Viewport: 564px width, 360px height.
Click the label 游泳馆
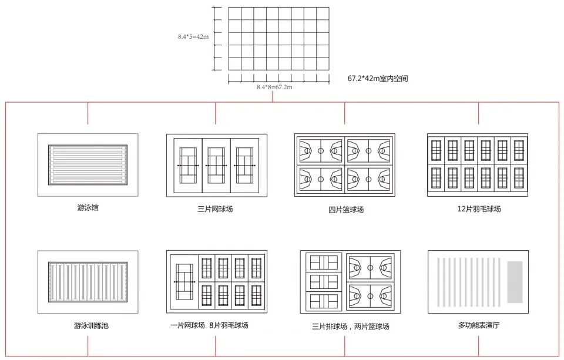[x=88, y=207]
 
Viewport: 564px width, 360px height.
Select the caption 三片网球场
[x=216, y=208]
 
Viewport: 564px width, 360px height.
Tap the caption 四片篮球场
[x=345, y=209]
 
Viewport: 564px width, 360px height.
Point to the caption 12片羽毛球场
[x=479, y=208]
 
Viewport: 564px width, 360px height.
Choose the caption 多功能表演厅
[x=478, y=325]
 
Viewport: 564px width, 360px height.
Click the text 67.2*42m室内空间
[x=377, y=78]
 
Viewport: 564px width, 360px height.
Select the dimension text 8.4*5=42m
[x=193, y=36]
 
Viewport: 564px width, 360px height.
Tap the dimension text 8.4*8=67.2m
[x=274, y=87]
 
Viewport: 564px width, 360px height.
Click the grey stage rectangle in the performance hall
[x=515, y=282]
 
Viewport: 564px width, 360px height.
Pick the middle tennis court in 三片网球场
[x=216, y=166]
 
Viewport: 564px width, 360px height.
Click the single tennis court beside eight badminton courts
[x=184, y=282]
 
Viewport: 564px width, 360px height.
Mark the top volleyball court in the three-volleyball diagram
[x=323, y=262]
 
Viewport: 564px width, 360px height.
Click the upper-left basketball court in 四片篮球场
[x=320, y=151]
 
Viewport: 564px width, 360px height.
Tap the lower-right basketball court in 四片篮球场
[x=368, y=178]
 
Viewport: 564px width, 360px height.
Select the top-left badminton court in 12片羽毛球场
[x=436, y=150]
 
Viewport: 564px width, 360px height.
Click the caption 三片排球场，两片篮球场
[x=351, y=326]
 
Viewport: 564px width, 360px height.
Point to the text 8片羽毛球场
[x=229, y=325]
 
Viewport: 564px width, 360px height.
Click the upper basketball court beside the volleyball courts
[x=370, y=267]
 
